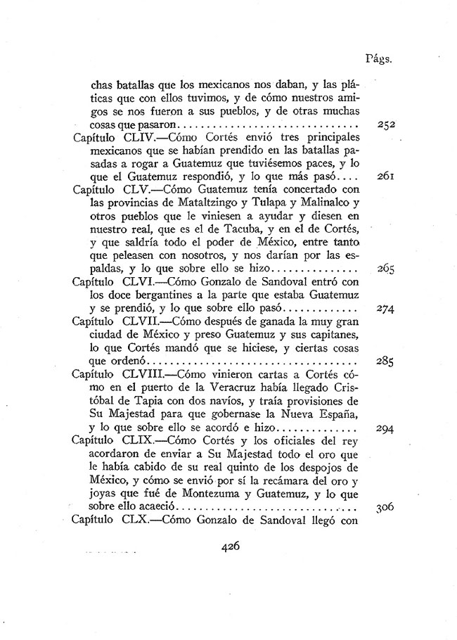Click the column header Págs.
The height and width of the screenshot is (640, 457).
[x=378, y=59]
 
